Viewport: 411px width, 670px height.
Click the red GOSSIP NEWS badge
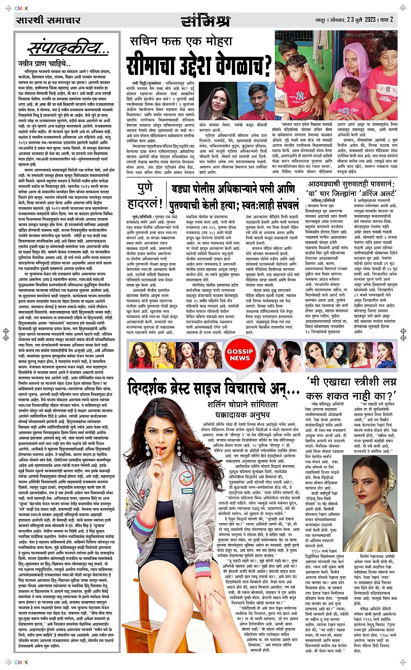240,355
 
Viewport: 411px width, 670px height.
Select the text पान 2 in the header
387,20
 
